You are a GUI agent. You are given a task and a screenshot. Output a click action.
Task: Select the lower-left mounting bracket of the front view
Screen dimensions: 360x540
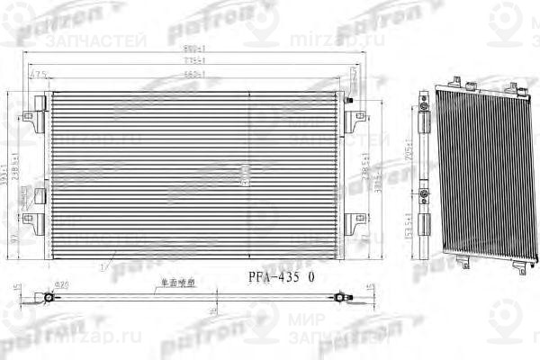tap(34, 219)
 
